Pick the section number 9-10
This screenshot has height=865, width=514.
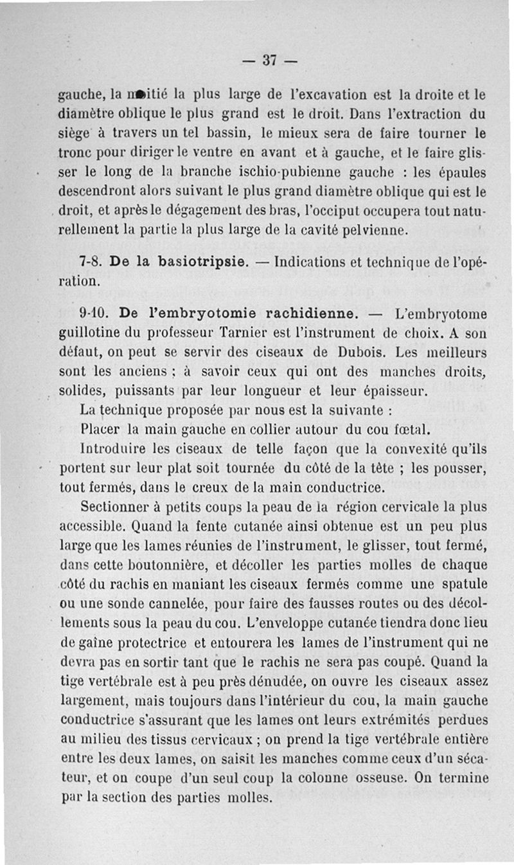pyautogui.click(x=94, y=314)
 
